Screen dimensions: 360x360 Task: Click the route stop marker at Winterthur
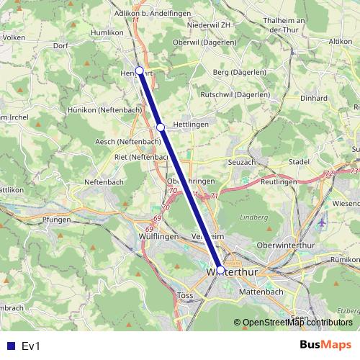click(220, 271)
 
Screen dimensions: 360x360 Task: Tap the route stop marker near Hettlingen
click(161, 127)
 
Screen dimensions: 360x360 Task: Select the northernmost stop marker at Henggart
click(140, 71)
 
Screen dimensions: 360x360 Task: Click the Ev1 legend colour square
click(9, 346)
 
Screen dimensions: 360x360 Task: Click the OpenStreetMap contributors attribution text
click(297, 323)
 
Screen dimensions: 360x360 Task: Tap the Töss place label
click(184, 295)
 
